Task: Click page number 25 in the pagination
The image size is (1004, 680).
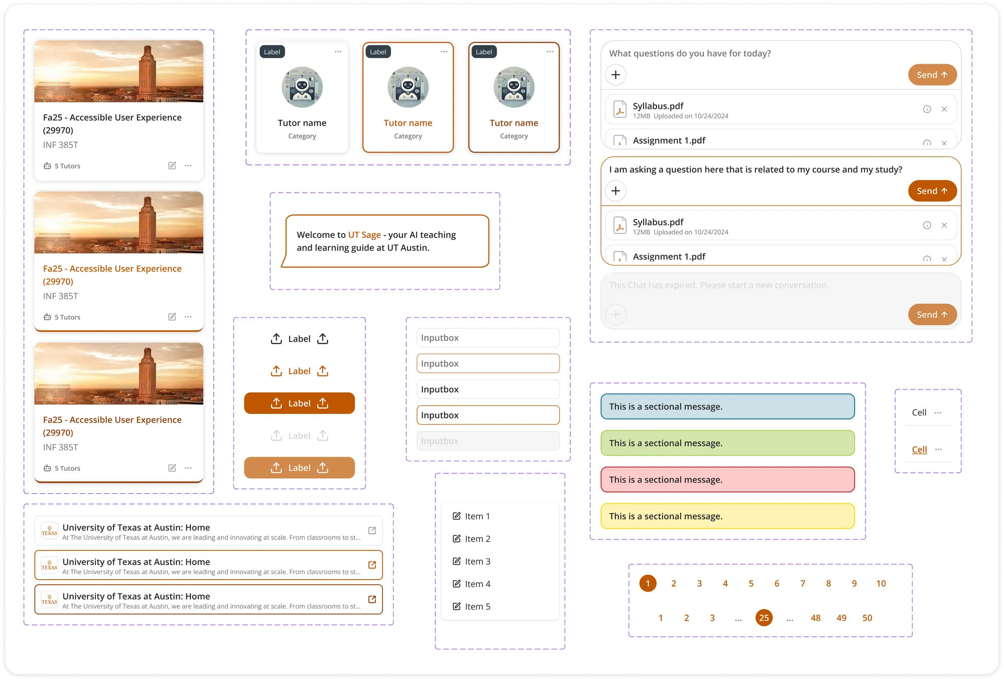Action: [764, 618]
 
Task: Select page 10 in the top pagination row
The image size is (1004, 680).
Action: [881, 583]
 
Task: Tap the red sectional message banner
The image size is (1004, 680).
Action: [727, 479]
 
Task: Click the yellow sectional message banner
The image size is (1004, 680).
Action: [727, 516]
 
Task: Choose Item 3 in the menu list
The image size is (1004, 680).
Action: [477, 561]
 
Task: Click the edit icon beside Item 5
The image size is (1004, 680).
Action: [456, 606]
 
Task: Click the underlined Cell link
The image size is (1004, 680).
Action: [919, 449]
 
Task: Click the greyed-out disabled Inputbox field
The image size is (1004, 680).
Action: [487, 441]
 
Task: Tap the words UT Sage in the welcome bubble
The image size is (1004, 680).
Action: [364, 235]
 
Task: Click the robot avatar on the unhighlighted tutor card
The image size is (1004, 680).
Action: [302, 87]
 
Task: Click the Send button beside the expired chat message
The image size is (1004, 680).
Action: [932, 315]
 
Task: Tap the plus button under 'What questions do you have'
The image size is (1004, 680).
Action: [615, 75]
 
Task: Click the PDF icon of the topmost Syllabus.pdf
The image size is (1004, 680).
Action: [620, 109]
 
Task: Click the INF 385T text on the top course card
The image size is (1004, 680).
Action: [61, 145]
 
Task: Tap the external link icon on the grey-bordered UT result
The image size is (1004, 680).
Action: [372, 530]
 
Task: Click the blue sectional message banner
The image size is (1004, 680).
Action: [727, 406]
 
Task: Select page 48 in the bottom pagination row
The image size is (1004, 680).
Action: [815, 618]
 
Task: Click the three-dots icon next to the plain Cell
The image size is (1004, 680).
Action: [938, 413]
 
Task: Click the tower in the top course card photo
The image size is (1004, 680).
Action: [147, 70]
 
